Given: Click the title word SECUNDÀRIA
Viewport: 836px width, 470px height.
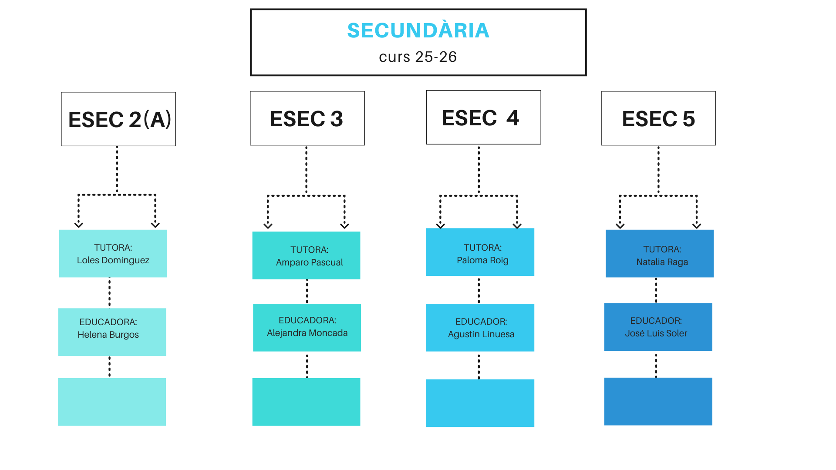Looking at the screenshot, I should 418,30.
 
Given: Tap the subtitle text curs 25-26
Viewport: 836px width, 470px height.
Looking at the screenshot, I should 418,57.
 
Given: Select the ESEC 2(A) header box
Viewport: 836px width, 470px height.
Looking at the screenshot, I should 118,119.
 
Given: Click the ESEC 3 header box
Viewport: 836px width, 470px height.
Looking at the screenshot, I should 307,118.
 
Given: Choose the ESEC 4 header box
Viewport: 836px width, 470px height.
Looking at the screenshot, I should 483,117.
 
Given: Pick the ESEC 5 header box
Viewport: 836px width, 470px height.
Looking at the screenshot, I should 658,118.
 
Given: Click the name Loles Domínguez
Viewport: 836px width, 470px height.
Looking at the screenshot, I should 113,260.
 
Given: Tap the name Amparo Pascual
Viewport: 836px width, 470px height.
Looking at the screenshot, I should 309,262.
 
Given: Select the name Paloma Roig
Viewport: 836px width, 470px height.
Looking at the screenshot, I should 482,260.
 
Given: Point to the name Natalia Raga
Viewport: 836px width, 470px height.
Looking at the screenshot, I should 662,262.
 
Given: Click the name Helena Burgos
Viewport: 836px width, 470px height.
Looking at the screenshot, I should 108,335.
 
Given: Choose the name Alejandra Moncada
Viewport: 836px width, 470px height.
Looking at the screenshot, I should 307,333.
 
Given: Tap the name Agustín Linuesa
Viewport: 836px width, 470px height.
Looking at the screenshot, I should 481,334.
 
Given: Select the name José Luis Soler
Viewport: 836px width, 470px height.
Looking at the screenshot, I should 656,333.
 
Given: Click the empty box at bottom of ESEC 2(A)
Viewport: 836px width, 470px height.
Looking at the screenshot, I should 112,402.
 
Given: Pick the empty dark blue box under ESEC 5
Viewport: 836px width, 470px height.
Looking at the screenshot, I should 658,401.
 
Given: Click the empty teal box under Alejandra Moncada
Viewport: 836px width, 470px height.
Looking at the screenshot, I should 306,402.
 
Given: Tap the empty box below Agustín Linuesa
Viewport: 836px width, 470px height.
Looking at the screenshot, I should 480,403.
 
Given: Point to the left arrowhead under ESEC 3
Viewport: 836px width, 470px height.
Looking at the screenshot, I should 268,225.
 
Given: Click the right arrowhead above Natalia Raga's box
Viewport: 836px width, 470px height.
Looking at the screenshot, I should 697,225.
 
